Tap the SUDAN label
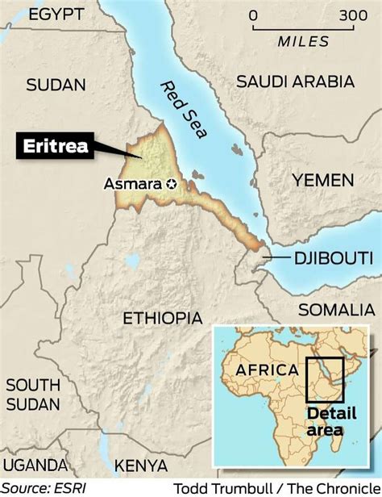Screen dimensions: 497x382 click(56, 84)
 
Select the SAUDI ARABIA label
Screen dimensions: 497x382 click(296, 81)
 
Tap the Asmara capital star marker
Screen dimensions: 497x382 click(171, 184)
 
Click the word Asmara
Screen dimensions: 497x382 click(133, 184)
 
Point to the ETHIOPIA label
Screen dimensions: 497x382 click(162, 318)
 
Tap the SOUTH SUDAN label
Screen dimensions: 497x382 click(32, 393)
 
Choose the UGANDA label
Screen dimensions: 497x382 click(34, 465)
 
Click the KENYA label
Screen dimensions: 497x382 click(139, 466)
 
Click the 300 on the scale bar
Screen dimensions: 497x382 click(352, 15)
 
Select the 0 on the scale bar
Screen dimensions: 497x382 click(253, 15)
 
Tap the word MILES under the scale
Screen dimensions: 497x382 click(303, 41)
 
